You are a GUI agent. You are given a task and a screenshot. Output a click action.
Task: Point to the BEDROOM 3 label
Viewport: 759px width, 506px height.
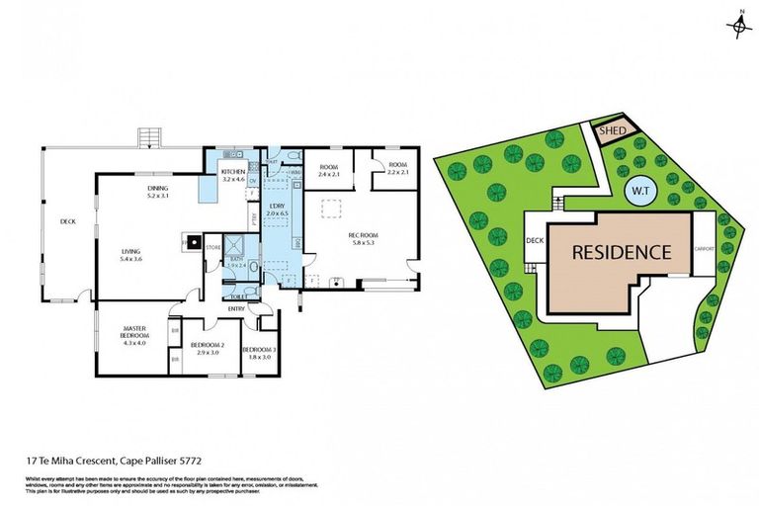click(258, 350)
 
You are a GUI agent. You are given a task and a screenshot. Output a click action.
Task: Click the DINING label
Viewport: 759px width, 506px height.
click(158, 190)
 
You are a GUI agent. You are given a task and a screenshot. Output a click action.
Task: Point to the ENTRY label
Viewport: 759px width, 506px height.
click(236, 309)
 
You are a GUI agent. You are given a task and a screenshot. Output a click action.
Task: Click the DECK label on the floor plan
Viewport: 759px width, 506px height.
click(67, 221)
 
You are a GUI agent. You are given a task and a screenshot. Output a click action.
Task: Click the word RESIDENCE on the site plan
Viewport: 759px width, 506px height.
click(623, 252)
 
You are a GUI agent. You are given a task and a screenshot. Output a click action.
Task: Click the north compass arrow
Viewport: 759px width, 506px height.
click(739, 25)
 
